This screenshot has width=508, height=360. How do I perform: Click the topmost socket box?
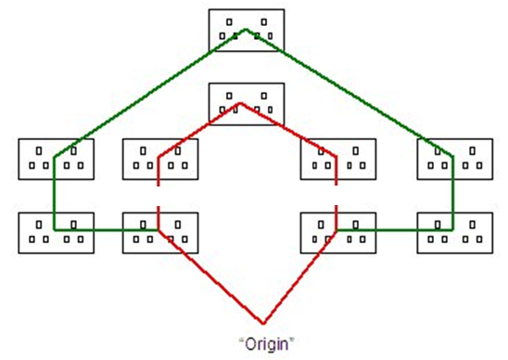(x=246, y=30)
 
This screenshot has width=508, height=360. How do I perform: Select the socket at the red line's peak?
(x=246, y=104)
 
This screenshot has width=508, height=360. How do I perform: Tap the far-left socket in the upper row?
(x=56, y=158)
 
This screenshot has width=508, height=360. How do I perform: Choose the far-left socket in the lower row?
(x=56, y=232)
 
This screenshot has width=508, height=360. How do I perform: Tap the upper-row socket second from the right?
(x=338, y=158)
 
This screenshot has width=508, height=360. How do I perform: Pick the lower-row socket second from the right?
(x=338, y=232)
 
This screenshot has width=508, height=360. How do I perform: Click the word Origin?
(x=268, y=343)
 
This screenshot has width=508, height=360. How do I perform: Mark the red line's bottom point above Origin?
(x=264, y=323)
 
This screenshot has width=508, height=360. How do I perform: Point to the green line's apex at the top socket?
(x=246, y=30)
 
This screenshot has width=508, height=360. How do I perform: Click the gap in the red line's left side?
(x=159, y=195)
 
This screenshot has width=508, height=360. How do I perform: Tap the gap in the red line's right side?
(x=336, y=195)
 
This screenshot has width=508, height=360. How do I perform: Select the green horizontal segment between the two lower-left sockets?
(x=108, y=229)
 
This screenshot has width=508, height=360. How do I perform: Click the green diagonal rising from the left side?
(x=148, y=94)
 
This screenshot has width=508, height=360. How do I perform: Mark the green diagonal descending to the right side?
(x=348, y=92)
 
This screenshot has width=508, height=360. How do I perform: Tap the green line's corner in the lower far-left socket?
(x=55, y=229)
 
